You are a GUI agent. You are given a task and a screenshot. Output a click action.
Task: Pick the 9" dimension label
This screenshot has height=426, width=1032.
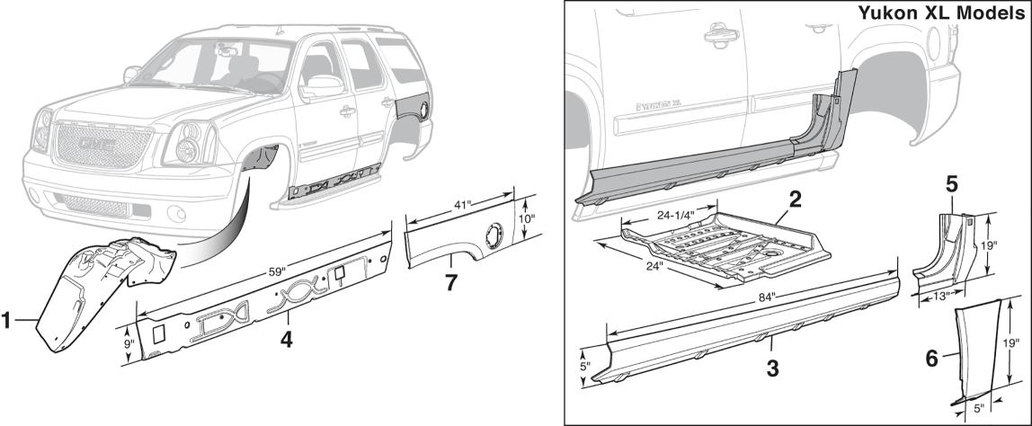pos(128,343)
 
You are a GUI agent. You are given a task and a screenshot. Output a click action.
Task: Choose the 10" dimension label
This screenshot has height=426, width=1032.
pos(529,218)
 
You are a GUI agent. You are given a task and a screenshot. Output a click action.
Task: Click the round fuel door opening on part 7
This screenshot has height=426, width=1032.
pos(492,235)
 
